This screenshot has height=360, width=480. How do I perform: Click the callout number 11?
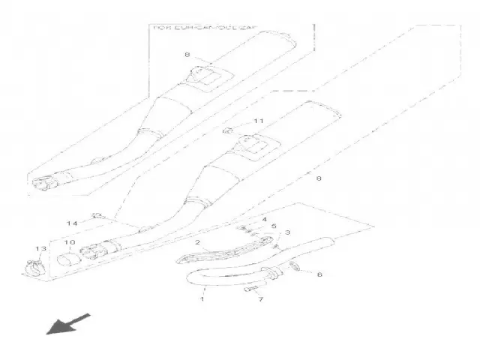(258, 121)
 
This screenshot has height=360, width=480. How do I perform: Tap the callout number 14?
(72, 223)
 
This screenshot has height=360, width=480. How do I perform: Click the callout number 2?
(197, 244)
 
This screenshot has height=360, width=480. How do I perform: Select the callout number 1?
(201, 299)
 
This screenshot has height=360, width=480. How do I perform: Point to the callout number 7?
(261, 300)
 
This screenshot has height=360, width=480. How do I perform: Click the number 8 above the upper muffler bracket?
(187, 55)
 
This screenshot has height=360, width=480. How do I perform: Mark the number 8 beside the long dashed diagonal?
(319, 178)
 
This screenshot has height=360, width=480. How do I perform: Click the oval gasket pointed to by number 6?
(295, 266)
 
